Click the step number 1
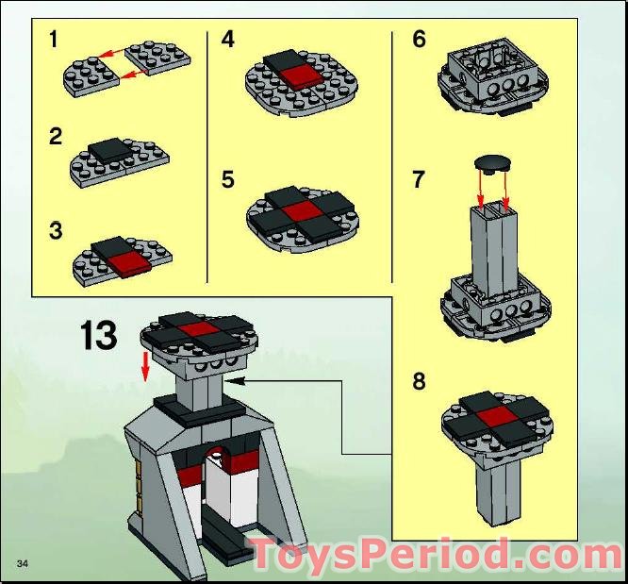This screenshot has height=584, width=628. pos(54,40)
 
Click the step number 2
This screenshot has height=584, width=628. pos(56,137)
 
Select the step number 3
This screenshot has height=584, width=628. pos(57,230)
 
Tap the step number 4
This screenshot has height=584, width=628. pos(228,40)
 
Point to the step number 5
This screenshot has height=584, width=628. pos(228,179)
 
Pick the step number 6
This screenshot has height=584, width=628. pos(420,40)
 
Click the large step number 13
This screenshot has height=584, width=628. pos(98,336)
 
